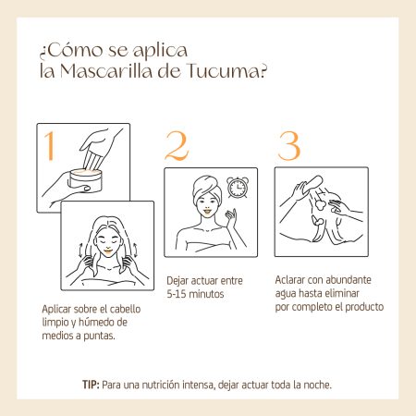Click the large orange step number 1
pyautogui.click(x=50, y=146)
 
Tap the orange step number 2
pyautogui.click(x=177, y=146)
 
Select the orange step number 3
pyautogui.click(x=288, y=146)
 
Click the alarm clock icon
pyautogui.click(x=238, y=187)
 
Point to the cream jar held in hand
pyautogui.click(x=85, y=180)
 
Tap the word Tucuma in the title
pyautogui.click(x=226, y=71)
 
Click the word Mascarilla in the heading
pyautogui.click(x=106, y=71)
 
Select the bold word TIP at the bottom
pyautogui.click(x=91, y=385)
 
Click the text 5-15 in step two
pyautogui.click(x=177, y=294)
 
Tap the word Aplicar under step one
pyautogui.click(x=56, y=310)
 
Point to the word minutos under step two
pyautogui.click(x=206, y=294)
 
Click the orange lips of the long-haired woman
pyautogui.click(x=108, y=251)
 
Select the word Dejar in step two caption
pyautogui.click(x=177, y=281)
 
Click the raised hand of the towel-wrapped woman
pyautogui.click(x=230, y=217)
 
